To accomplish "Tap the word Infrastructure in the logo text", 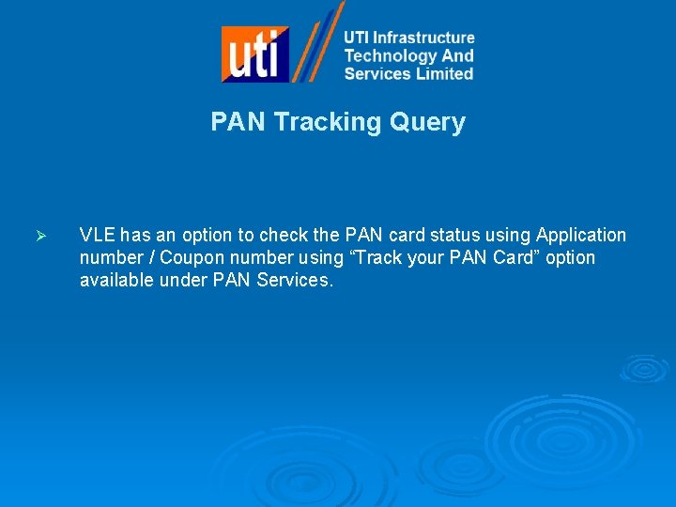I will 423,38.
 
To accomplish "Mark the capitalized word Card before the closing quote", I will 512,257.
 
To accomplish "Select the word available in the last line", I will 115,280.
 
